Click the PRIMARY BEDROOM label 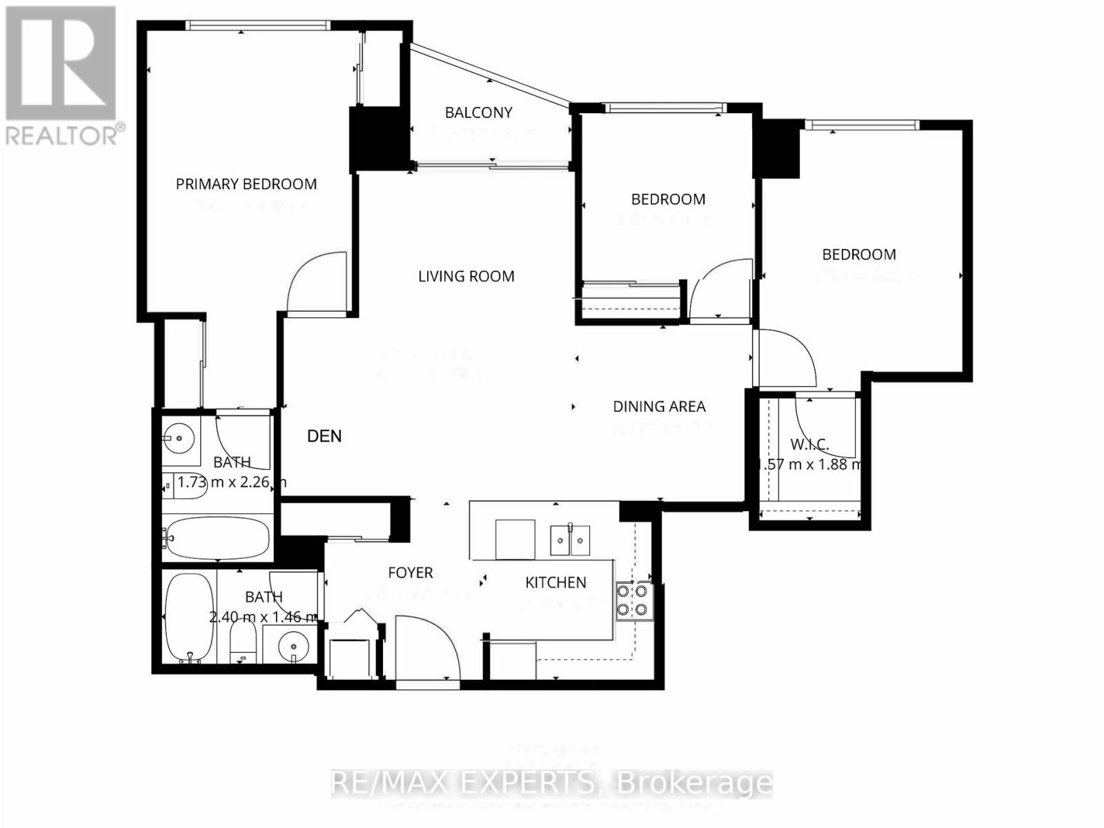[246, 184]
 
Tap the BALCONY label [478, 112]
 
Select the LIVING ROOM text [466, 277]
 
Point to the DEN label [324, 436]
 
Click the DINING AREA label [659, 407]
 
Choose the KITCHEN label [555, 583]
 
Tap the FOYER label [411, 573]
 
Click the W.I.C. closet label [809, 444]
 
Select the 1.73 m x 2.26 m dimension [232, 482]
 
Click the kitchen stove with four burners [634, 600]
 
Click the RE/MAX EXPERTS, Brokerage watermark [552, 783]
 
